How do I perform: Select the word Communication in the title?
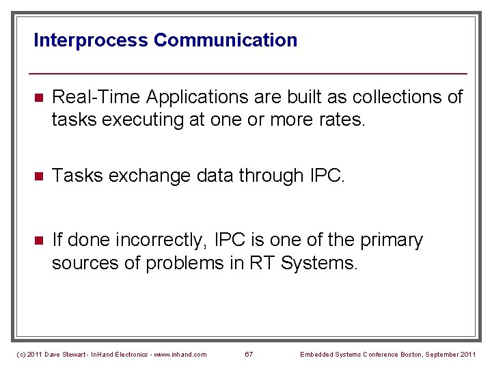[x=225, y=40]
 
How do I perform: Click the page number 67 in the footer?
[x=249, y=354]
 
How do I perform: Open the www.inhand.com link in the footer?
[x=179, y=354]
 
